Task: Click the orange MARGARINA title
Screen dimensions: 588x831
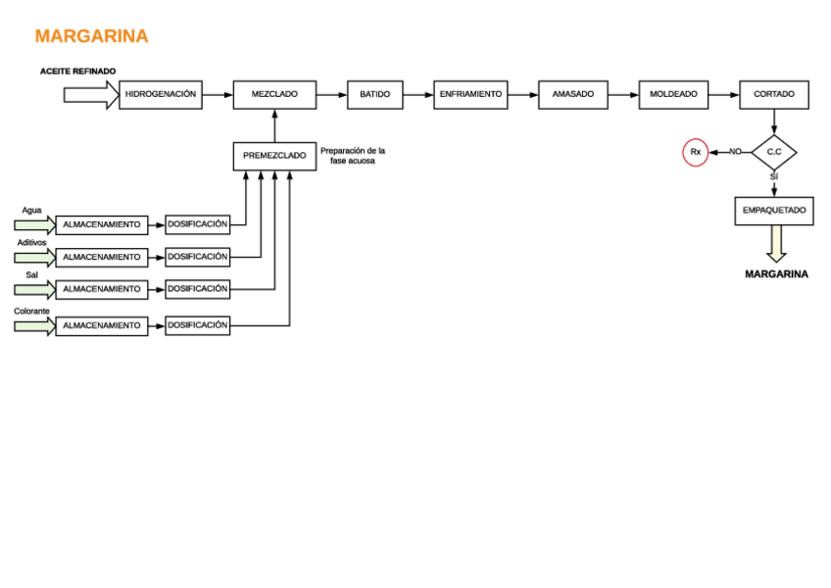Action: [x=91, y=36]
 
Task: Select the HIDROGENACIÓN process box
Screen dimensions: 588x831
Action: [x=161, y=95]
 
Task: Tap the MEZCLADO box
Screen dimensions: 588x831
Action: [x=274, y=95]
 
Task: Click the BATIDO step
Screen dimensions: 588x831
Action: [x=374, y=95]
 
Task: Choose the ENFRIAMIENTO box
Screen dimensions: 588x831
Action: [x=470, y=95]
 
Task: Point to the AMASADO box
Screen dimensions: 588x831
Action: [x=572, y=95]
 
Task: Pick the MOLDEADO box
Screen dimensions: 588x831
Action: [x=673, y=95]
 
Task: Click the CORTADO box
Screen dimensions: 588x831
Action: [x=773, y=95]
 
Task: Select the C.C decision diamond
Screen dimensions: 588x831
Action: [x=773, y=152]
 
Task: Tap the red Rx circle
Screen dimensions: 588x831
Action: [x=695, y=153]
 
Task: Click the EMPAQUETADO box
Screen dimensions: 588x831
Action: [x=773, y=211]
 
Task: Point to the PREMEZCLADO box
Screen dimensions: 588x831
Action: [x=274, y=156]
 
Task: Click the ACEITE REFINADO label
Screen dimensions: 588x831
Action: [x=77, y=72]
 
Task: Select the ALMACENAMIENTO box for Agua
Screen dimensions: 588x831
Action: [x=102, y=225]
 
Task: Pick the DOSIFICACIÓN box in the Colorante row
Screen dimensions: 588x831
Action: [x=197, y=325]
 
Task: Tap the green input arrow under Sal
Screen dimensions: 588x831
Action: [x=34, y=290]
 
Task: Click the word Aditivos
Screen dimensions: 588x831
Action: [x=31, y=242]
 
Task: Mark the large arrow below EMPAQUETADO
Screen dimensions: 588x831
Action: [x=776, y=244]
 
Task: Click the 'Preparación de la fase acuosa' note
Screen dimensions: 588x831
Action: [x=353, y=156]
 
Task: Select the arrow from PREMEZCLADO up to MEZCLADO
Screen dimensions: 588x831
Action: [x=274, y=125]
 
